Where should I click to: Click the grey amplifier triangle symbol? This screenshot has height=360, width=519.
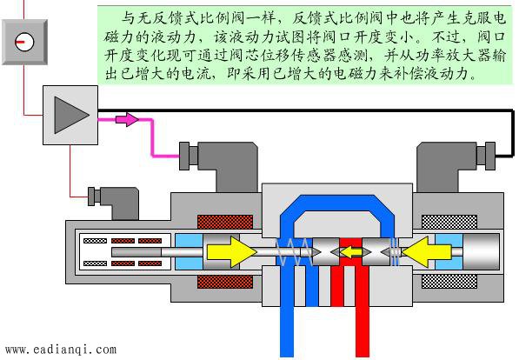click(68, 116)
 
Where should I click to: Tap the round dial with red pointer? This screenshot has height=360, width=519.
click(24, 42)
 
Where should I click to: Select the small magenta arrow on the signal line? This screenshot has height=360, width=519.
click(127, 119)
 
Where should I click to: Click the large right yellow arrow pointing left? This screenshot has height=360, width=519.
click(427, 252)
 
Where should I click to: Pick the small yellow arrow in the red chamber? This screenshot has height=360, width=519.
click(351, 252)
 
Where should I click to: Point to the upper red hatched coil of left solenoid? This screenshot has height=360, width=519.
click(225, 222)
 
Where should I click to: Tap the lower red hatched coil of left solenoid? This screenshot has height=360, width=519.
click(225, 282)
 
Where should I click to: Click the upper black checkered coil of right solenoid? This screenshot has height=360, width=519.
click(449, 222)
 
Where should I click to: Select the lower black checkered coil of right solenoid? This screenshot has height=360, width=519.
click(449, 282)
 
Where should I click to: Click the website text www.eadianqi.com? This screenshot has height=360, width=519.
click(61, 350)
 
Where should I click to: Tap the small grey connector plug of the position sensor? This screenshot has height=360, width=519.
click(113, 203)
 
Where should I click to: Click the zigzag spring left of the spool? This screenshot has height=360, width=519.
click(294, 252)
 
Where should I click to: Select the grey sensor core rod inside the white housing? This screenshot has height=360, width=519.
click(136, 252)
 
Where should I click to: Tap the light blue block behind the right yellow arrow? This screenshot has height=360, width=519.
click(449, 252)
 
